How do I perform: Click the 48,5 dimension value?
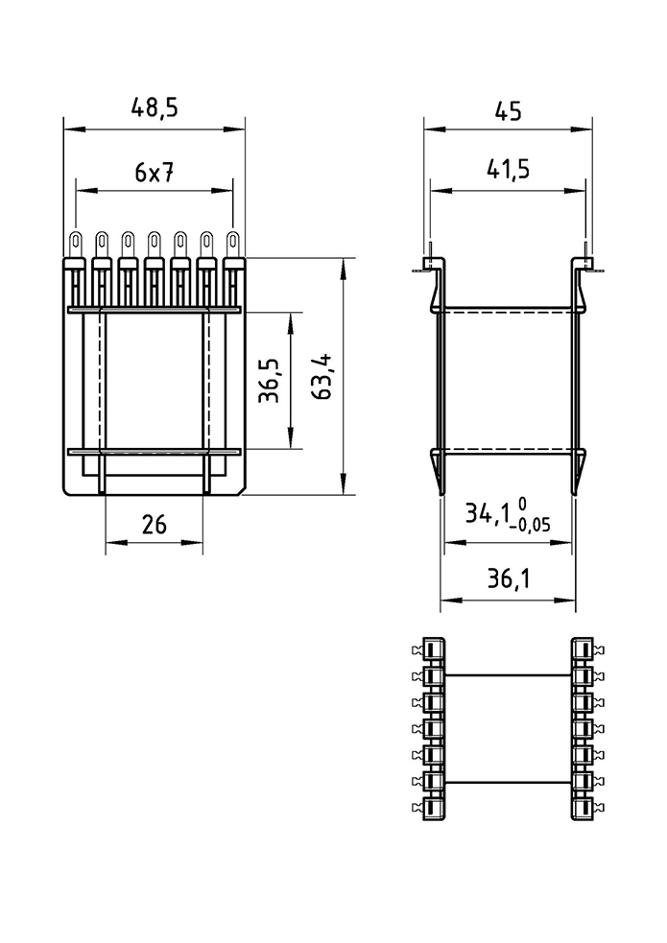click(155, 108)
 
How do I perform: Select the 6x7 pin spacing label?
click(155, 173)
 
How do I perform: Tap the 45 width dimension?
click(509, 111)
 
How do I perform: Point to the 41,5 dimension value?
click(509, 170)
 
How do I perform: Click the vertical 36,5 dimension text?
click(270, 381)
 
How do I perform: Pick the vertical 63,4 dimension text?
click(323, 377)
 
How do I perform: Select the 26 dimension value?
click(154, 525)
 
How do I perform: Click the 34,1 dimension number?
click(488, 513)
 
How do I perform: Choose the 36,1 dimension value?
click(509, 578)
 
